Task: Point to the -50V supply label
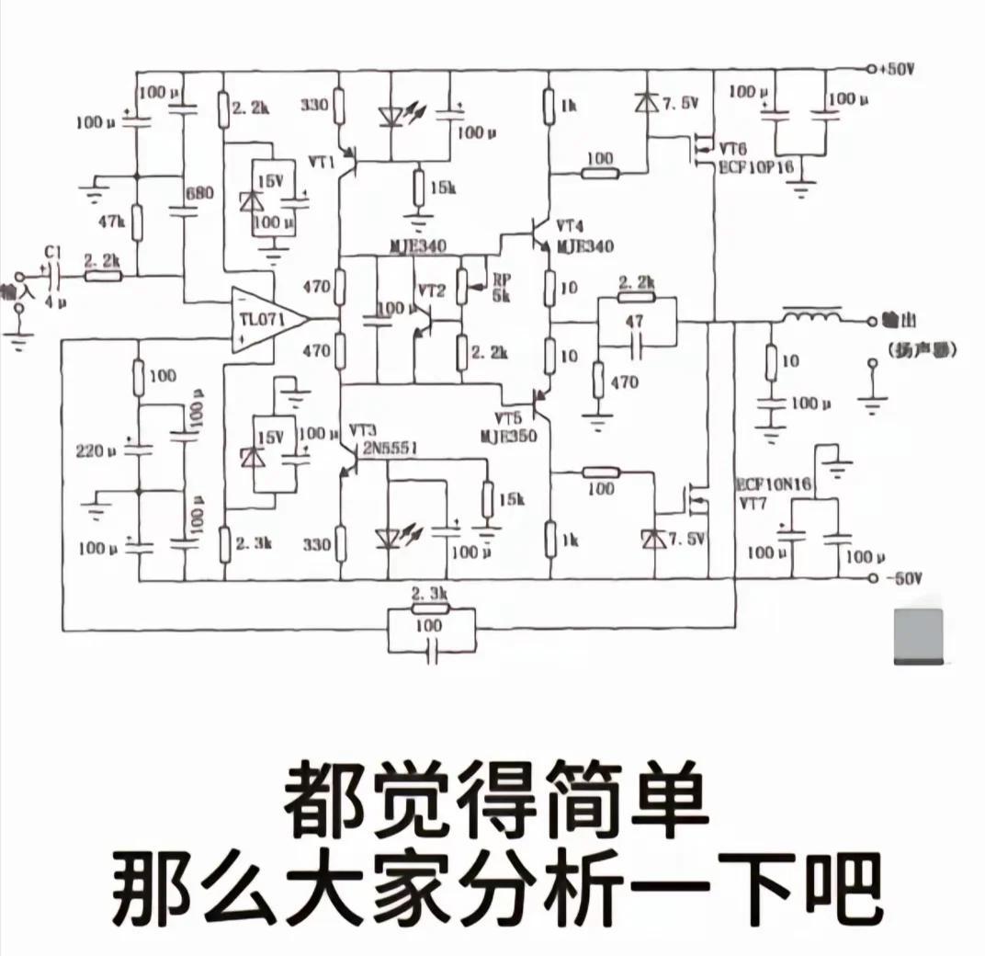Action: pyautogui.click(x=900, y=579)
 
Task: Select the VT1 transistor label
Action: pyautogui.click(x=321, y=162)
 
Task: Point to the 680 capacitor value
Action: pyautogui.click(x=198, y=194)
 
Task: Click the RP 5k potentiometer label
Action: pyautogui.click(x=502, y=287)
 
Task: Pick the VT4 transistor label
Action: pyautogui.click(x=570, y=226)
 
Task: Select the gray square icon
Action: pyautogui.click(x=918, y=636)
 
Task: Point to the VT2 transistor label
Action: pyautogui.click(x=431, y=290)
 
